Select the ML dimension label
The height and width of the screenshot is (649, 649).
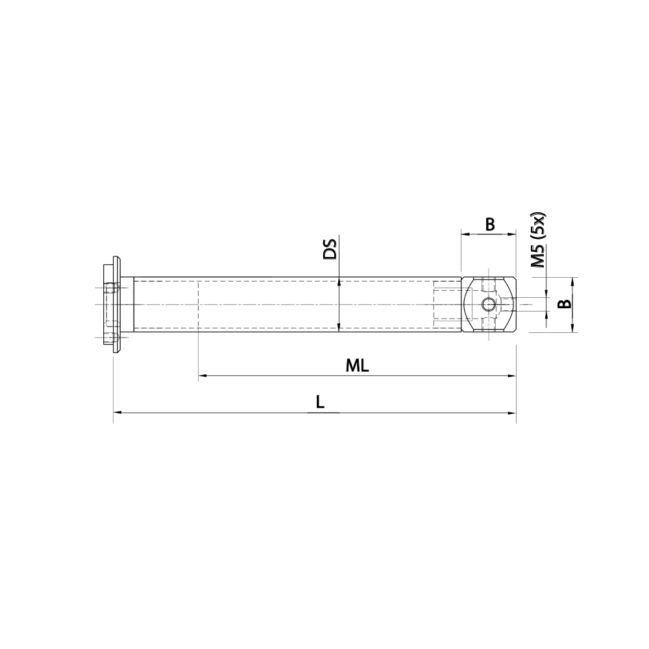click(357, 365)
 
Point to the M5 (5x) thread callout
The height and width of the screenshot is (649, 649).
click(538, 239)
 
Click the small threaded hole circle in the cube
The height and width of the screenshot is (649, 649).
click(489, 304)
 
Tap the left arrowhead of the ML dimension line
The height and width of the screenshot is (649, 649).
click(202, 375)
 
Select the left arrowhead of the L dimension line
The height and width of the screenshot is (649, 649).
click(117, 411)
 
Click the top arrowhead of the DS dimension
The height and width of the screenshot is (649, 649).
click(339, 280)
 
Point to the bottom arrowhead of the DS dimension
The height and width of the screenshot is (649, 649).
click(339, 328)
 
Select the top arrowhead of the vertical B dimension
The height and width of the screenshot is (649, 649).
click(572, 280)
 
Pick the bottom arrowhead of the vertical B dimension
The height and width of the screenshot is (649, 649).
click(572, 329)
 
